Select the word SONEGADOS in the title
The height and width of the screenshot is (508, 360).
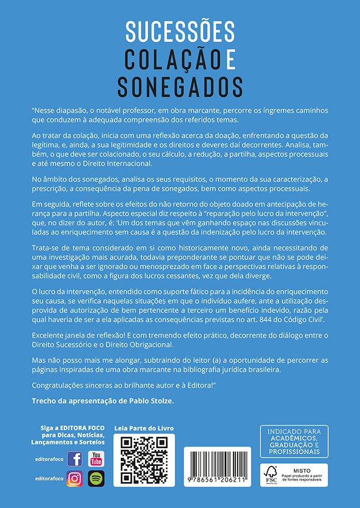tap(180, 86)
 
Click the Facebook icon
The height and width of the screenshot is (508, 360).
tap(75, 459)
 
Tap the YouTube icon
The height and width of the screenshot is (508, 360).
tap(96, 459)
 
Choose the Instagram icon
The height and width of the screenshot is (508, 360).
tap(75, 479)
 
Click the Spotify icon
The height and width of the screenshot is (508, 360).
tap(96, 479)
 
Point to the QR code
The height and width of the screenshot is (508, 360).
tap(144, 460)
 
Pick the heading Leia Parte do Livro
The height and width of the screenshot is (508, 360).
tap(144, 429)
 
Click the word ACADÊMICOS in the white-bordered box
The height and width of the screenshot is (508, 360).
tap(293, 438)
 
